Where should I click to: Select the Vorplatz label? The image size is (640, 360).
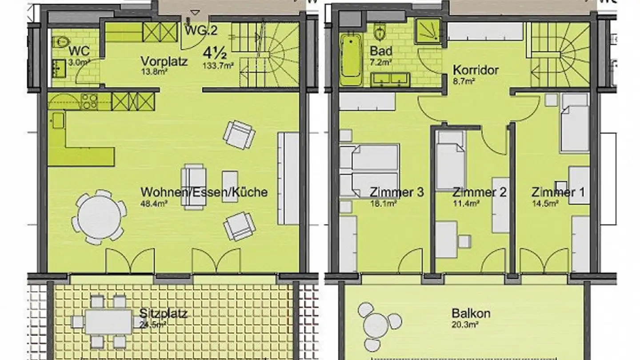(x=164, y=61)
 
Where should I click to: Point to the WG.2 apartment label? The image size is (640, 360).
(x=201, y=31)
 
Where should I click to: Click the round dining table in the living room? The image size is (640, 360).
(x=99, y=217)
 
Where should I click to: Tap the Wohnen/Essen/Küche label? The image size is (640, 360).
(x=204, y=192)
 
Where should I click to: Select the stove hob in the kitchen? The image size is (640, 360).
(x=89, y=102)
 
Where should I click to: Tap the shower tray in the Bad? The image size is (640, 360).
(x=428, y=31)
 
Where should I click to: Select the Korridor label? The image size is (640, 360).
(x=476, y=70)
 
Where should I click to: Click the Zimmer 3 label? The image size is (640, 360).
(x=396, y=192)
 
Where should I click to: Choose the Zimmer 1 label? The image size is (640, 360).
(x=558, y=192)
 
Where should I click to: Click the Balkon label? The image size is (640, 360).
(x=471, y=313)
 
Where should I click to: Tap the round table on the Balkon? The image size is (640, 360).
(x=376, y=325)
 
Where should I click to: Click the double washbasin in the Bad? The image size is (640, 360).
(x=390, y=79)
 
